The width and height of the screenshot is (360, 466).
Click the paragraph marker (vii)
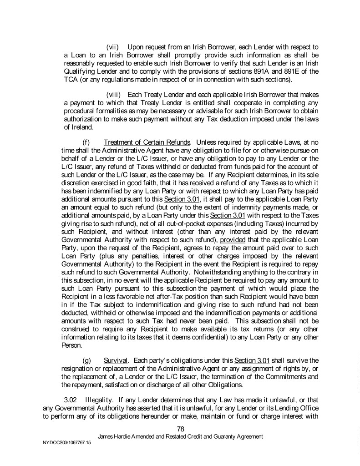coord(112,47)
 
